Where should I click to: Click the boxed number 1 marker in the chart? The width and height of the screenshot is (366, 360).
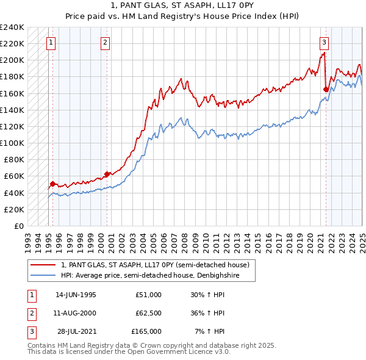click(51, 43)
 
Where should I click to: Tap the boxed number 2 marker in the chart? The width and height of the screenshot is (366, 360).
click(106, 43)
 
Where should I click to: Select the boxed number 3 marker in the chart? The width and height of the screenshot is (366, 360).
click(324, 43)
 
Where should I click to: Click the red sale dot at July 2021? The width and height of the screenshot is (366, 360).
click(326, 89)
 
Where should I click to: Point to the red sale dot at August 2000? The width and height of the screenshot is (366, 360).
click(107, 174)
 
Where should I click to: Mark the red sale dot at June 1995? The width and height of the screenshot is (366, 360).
click(52, 184)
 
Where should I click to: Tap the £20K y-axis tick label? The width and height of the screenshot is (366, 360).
click(14, 209)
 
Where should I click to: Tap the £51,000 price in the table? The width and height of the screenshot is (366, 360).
click(148, 295)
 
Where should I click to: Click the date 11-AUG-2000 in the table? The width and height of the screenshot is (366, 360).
click(76, 314)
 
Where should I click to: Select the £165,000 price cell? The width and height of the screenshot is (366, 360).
click(146, 332)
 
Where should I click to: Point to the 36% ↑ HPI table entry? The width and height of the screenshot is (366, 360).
click(208, 314)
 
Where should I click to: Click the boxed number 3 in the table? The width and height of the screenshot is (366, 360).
click(32, 332)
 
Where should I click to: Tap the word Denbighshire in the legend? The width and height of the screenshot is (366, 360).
click(204, 276)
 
